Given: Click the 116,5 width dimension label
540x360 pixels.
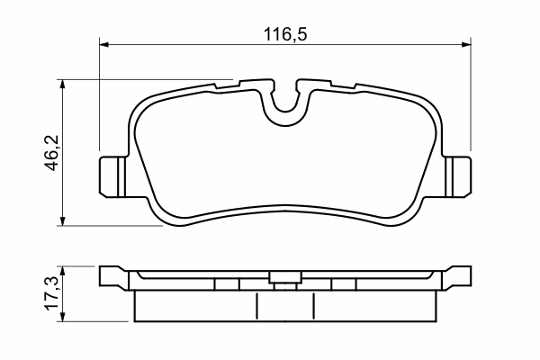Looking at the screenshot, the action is click(284, 34).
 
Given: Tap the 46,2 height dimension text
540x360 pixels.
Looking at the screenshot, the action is click(53, 153).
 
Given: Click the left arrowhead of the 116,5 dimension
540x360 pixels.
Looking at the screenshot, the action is click(104, 44).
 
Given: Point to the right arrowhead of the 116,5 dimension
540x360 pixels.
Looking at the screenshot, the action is click(466, 44).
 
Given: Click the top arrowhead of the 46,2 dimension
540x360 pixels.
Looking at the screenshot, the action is click(62, 84).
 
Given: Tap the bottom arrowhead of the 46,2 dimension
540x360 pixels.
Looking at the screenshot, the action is click(62, 221).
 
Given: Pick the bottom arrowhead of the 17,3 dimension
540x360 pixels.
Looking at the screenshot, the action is click(62, 317).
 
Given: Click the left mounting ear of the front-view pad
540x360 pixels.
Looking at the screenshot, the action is click(112, 176).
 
